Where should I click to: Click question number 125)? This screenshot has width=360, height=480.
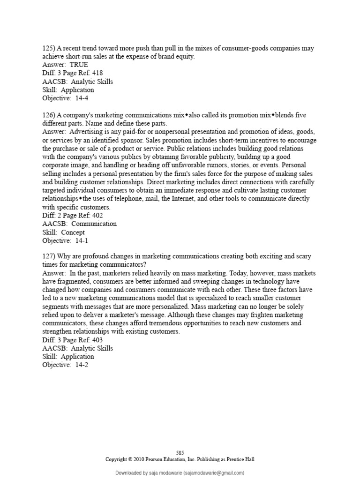tap(49, 48)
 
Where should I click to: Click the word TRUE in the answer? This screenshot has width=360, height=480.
tap(79, 65)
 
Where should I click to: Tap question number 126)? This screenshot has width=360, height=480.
tap(49, 115)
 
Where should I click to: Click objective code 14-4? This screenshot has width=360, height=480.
tap(79, 98)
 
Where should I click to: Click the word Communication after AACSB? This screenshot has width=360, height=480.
tap(94, 224)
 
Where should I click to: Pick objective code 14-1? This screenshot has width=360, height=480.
tap(79, 240)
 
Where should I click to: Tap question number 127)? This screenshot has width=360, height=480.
tap(49, 257)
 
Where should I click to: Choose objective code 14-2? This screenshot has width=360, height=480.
tap(79, 365)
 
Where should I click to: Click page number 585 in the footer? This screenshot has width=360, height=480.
tap(180, 453)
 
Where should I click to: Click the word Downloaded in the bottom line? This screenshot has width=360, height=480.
tap(130, 473)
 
